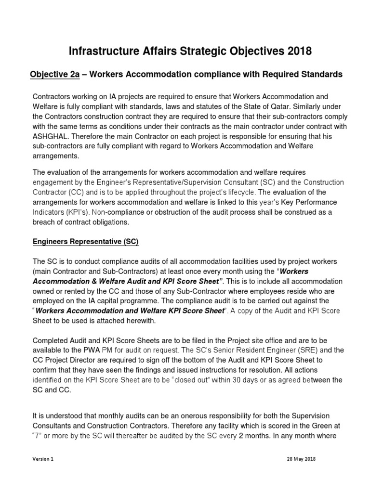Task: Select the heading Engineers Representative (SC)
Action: pyautogui.click(x=85, y=242)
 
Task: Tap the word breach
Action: pyautogui.click(x=45, y=222)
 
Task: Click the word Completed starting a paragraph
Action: pyautogui.click(x=51, y=340)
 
